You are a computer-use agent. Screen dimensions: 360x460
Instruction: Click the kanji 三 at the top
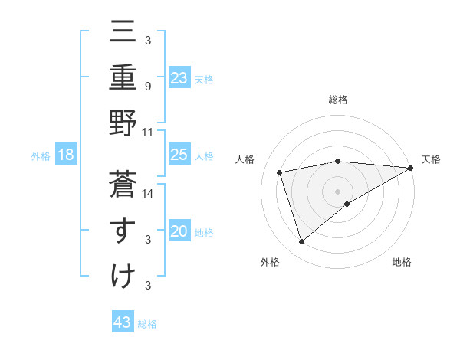click(123, 33)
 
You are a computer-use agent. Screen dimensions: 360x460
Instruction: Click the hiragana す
click(123, 230)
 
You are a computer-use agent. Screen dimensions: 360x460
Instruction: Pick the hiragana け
click(123, 276)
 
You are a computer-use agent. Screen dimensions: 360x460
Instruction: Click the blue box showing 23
click(179, 78)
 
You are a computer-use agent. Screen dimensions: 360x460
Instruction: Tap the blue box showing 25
click(179, 155)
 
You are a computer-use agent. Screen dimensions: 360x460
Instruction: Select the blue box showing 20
click(179, 232)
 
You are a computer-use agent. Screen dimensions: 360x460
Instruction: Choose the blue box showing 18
click(66, 155)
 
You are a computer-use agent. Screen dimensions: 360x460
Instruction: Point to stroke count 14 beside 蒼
click(149, 194)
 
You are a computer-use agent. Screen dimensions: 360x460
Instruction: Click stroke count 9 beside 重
click(149, 87)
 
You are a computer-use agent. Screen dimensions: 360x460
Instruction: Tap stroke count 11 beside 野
click(149, 133)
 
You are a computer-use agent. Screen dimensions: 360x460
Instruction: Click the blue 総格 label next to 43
click(147, 324)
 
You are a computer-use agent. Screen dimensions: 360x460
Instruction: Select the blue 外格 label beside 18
click(41, 156)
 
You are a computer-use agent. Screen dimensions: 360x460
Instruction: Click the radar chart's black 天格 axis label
click(431, 159)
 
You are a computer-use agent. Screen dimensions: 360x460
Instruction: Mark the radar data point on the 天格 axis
click(411, 168)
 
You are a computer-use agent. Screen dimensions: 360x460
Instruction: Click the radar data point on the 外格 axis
click(301, 242)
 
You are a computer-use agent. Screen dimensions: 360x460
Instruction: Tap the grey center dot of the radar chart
click(337, 191)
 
